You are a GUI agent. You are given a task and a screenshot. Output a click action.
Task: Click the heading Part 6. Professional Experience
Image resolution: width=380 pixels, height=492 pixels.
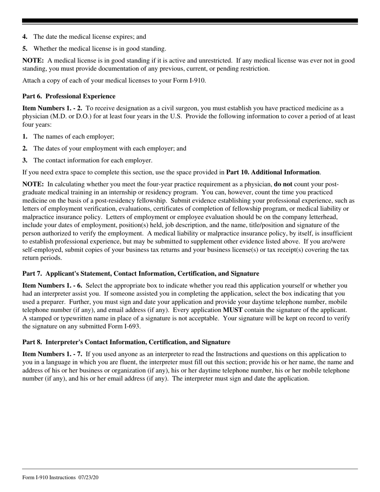pyautogui.click(x=69, y=96)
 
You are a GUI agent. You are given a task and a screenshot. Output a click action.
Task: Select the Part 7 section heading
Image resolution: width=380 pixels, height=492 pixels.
pyautogui.click(x=140, y=274)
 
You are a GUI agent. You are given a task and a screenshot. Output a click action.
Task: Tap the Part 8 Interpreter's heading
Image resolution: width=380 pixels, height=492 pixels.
pyautogui.click(x=126, y=342)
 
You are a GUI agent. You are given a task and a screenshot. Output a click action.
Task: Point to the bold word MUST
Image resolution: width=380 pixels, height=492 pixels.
pyautogui.click(x=232, y=310)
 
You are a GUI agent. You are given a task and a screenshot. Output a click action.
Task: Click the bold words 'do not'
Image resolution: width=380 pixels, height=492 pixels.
pyautogui.click(x=283, y=184)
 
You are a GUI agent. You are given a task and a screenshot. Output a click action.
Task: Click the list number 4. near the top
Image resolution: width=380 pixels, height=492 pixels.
pyautogui.click(x=25, y=37)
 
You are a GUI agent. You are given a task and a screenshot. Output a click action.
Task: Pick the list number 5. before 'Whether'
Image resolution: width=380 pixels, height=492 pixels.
pyautogui.click(x=25, y=49)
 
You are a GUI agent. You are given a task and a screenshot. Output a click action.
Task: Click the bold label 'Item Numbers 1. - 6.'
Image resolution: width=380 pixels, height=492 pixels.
pyautogui.click(x=52, y=286)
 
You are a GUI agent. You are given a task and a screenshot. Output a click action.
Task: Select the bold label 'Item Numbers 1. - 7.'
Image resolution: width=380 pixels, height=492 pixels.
pyautogui.click(x=52, y=354)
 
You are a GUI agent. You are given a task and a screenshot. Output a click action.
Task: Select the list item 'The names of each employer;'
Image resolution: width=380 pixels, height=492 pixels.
pyautogui.click(x=74, y=137)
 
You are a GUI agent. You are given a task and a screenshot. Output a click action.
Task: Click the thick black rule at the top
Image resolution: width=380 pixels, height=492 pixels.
pyautogui.click(x=190, y=21)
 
